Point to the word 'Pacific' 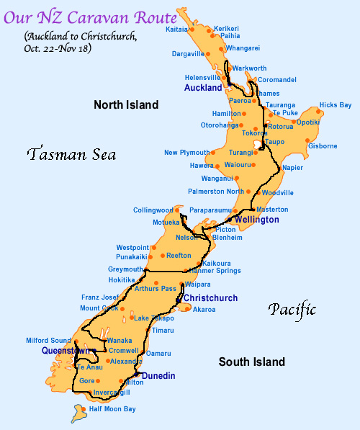292,310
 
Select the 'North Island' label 125,105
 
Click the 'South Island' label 251,362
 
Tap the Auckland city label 203,88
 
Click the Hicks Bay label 335,105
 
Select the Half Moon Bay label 111,409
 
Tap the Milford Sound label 48,341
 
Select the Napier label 292,168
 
